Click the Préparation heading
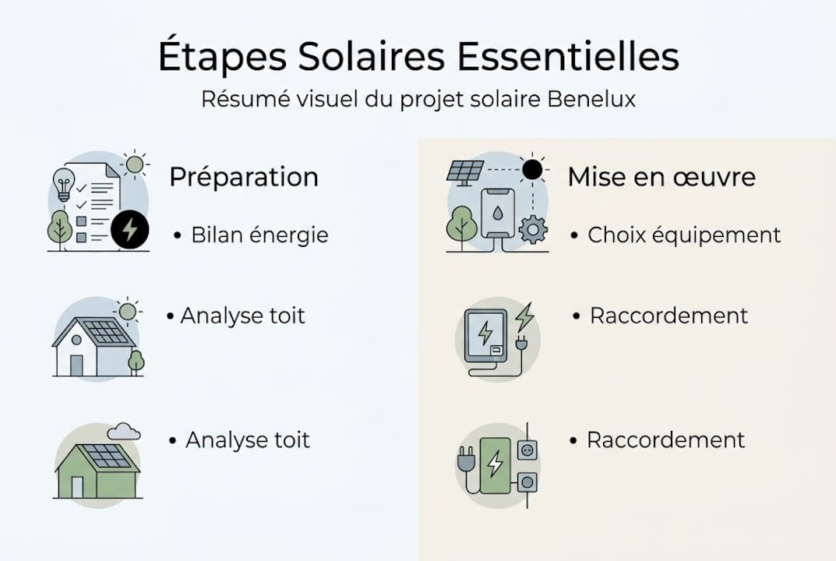(243, 177)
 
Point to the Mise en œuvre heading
(661, 177)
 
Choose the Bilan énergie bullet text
(259, 235)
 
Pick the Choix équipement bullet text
(684, 235)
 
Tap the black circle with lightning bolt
(129, 229)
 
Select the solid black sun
(532, 169)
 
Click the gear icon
(533, 230)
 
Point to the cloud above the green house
(123, 431)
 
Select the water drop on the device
(497, 212)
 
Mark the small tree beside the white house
(136, 361)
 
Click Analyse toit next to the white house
(242, 316)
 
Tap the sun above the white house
(128, 312)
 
